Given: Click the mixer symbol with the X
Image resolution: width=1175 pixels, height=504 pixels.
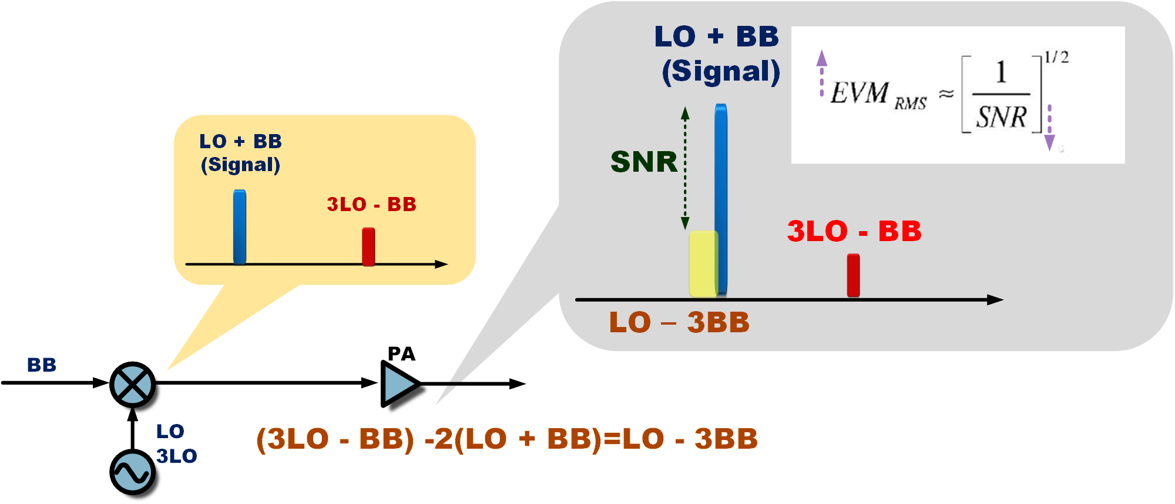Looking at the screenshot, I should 133,385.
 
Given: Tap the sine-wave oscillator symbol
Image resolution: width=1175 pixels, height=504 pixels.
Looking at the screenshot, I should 132,472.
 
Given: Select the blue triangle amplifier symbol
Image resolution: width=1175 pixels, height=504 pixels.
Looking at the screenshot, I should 398,384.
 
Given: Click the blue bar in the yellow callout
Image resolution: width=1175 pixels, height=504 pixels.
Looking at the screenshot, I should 240,227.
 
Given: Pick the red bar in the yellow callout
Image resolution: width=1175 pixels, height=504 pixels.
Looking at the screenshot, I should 368,246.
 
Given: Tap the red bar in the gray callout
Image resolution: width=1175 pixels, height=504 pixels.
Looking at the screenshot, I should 853,275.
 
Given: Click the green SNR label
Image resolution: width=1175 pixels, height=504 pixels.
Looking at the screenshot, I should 644,162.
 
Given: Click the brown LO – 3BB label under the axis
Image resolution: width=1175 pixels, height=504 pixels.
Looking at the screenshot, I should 680,322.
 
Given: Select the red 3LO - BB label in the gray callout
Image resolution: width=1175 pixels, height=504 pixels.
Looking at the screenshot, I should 854,231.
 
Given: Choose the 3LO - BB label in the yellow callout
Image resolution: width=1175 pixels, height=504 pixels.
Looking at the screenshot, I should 371,205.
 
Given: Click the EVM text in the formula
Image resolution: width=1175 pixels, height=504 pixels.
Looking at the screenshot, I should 860,93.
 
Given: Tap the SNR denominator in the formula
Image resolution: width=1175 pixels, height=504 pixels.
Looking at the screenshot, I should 1001,116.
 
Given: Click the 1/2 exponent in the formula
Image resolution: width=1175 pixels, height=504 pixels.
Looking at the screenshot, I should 1056,57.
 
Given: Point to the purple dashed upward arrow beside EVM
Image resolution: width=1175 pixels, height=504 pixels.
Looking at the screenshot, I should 822,74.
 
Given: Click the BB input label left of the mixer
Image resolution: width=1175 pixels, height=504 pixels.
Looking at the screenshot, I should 42,365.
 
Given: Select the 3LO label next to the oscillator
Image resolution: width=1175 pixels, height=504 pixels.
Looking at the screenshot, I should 176,456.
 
